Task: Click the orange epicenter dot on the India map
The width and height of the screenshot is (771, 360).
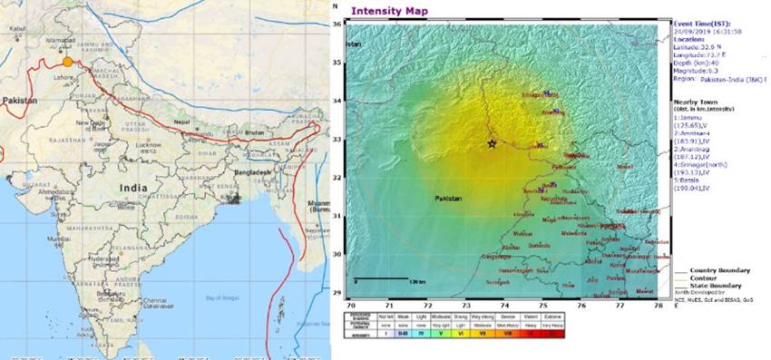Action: [66, 63]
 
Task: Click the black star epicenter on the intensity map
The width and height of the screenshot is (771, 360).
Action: [493, 143]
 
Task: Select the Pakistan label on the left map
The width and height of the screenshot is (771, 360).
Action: [20, 100]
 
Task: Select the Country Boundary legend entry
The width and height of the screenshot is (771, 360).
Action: [721, 270]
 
